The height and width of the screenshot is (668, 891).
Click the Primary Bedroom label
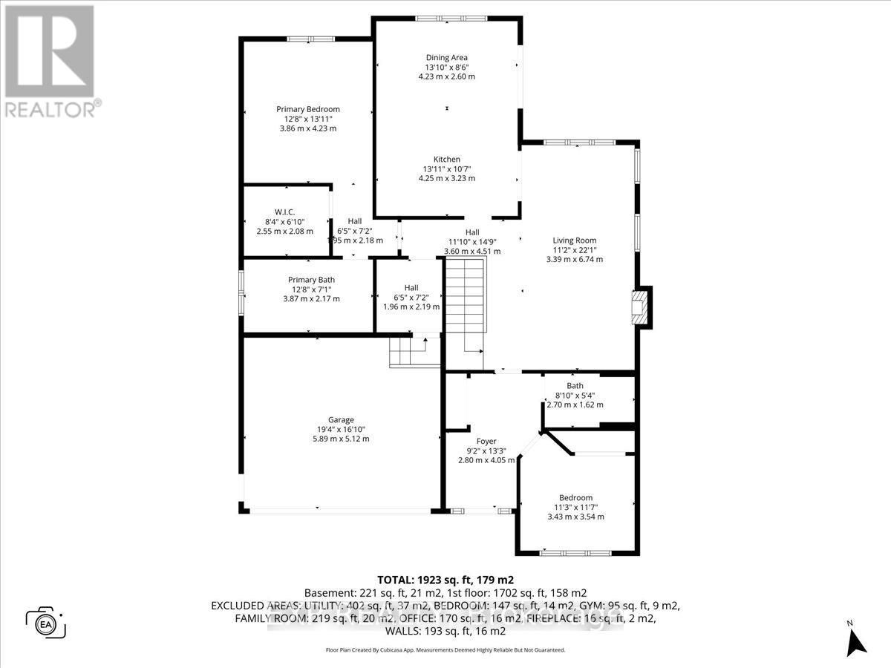click(307, 109)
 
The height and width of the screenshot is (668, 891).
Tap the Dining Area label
click(446, 57)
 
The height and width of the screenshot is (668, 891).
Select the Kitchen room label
click(447, 159)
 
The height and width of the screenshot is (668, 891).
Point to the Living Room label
click(574, 240)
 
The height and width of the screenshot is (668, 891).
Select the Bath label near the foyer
click(575, 385)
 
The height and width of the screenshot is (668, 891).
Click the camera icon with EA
click(46, 622)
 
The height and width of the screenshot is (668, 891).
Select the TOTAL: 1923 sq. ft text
click(446, 580)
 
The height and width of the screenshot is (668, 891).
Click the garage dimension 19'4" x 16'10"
click(342, 429)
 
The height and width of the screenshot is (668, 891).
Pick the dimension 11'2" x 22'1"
click(574, 250)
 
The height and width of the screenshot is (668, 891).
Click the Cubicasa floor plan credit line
click(446, 649)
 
